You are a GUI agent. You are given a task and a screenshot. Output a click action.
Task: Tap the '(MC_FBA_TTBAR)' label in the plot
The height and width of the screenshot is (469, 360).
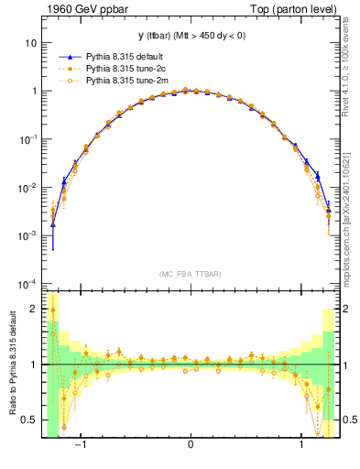190,274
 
